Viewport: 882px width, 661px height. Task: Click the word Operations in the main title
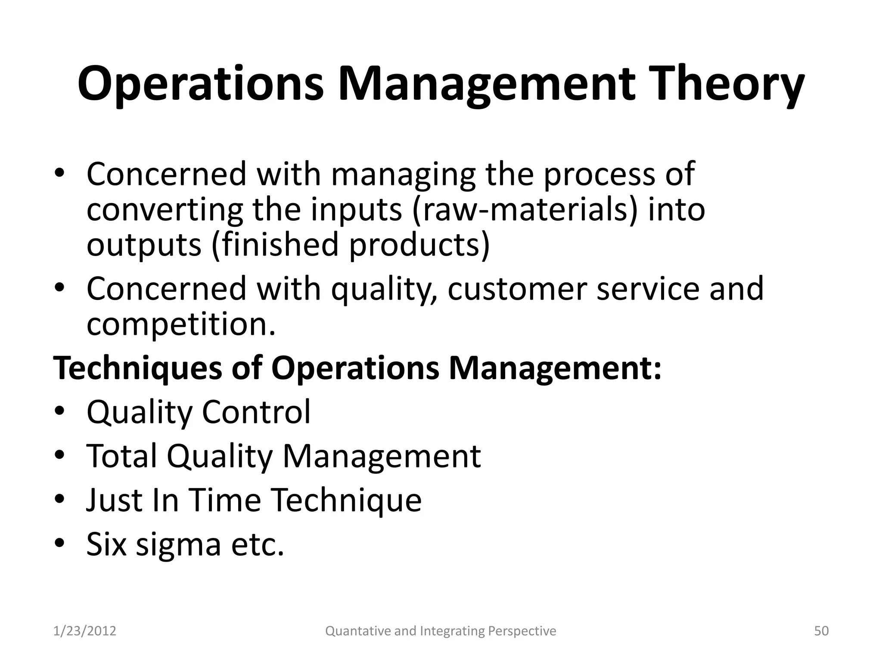(x=200, y=84)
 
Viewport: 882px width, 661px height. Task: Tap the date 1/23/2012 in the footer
(x=85, y=631)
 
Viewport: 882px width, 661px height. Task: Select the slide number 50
(x=821, y=631)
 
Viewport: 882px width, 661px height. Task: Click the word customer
(x=517, y=289)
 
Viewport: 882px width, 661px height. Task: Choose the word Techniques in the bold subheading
(x=137, y=368)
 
